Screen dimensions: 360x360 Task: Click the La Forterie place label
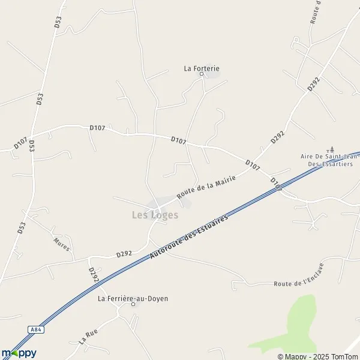[x=202, y=68]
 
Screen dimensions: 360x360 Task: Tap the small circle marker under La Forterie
[x=202, y=75]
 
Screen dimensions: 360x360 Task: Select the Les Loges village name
[x=155, y=215]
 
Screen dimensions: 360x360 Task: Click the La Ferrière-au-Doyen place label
[x=133, y=298]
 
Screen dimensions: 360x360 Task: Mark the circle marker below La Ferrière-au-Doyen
[x=133, y=305]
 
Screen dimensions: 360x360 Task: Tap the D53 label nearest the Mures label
[x=22, y=227]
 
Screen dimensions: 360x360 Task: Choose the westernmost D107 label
[x=20, y=145]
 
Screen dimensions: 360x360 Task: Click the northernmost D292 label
[x=314, y=84]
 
